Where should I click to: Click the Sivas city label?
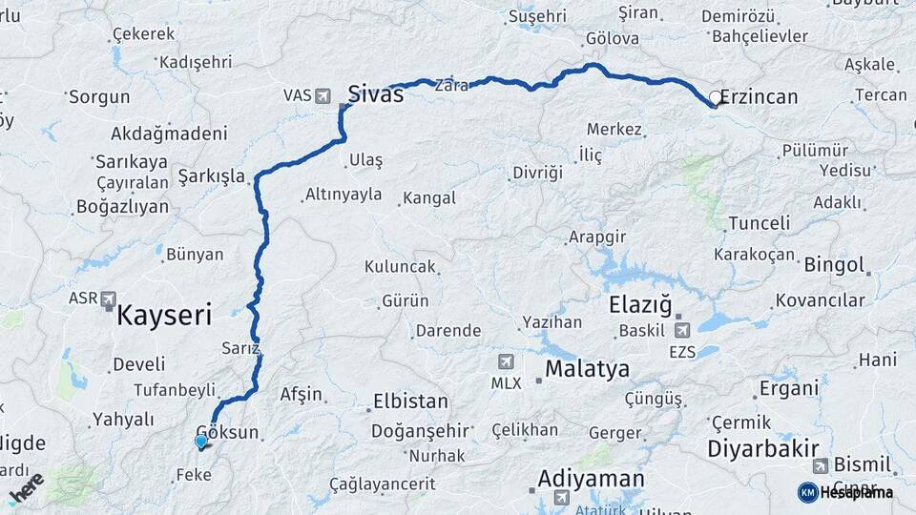point(375,93)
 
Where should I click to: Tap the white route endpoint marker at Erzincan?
point(715,97)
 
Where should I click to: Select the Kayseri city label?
point(163,316)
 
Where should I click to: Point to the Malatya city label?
point(587,369)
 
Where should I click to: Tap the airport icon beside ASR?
point(108,299)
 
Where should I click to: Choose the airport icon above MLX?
point(505,361)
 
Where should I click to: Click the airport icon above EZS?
point(682,331)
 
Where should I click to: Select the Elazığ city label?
point(640,306)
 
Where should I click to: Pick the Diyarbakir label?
point(764,448)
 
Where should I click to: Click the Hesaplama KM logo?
point(845,492)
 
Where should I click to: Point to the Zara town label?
point(451,85)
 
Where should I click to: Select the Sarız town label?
point(239,348)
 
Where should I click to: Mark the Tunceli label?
point(759,223)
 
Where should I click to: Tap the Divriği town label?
point(538,173)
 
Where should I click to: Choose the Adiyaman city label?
point(591,478)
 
